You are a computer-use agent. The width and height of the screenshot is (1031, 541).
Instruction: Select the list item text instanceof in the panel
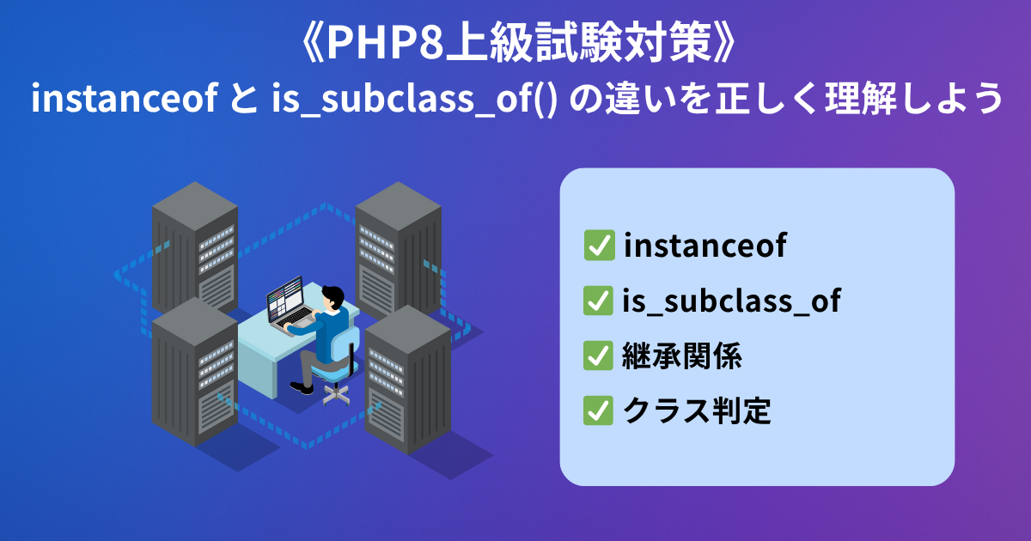pos(704,246)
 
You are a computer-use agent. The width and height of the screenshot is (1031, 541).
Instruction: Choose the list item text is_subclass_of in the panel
pos(730,301)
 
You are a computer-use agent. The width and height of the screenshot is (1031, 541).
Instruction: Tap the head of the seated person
pos(333,297)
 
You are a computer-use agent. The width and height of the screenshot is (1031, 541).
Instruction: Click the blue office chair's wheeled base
pos(336,393)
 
